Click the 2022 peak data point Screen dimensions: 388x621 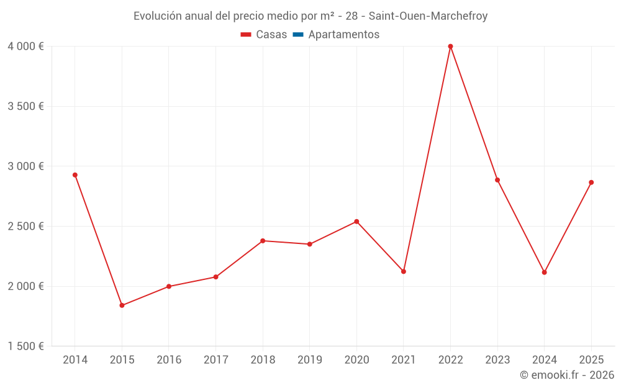pyautogui.click(x=450, y=47)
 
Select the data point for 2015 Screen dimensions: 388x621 pyautogui.click(x=122, y=305)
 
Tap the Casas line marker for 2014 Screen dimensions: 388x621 pyautogui.click(x=75, y=175)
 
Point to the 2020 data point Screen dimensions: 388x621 pyautogui.click(x=356, y=222)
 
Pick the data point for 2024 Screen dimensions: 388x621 pyautogui.click(x=545, y=273)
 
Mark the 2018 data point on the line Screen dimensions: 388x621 pyautogui.click(x=263, y=241)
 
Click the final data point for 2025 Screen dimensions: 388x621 pyautogui.click(x=591, y=183)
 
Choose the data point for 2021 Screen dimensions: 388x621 pyautogui.click(x=404, y=271)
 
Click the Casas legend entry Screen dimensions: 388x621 pyautogui.click(x=264, y=35)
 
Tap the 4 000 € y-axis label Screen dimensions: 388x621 pyautogui.click(x=25, y=47)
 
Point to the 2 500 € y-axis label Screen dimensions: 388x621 pyautogui.click(x=25, y=227)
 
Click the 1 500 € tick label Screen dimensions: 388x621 pyautogui.click(x=25, y=346)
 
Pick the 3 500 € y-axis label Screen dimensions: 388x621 pyautogui.click(x=25, y=107)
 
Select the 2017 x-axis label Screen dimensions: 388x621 pyautogui.click(x=215, y=360)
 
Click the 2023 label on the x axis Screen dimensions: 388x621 pyautogui.click(x=497, y=360)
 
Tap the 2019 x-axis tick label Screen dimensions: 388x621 pyautogui.click(x=310, y=360)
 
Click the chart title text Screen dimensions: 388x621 pyautogui.click(x=310, y=16)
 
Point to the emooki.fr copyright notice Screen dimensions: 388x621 pyautogui.click(x=567, y=375)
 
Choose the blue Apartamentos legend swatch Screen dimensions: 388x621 pyautogui.click(x=297, y=35)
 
